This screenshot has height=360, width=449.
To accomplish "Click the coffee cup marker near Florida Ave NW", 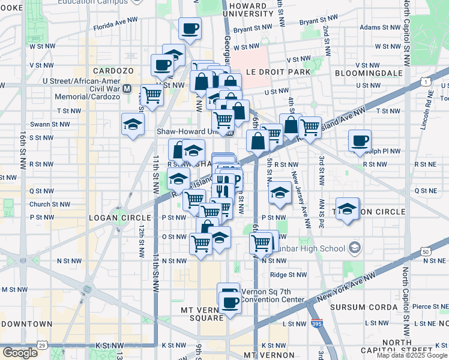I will (x=190, y=29).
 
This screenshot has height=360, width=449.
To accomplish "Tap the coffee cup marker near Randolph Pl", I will (x=360, y=141).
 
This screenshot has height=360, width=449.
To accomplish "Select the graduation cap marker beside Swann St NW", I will (x=133, y=125).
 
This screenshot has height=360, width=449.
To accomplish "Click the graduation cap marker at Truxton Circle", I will (x=347, y=209).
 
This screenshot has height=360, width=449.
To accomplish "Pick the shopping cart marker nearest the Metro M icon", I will (x=152, y=95).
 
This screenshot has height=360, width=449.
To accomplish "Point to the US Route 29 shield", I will (x=41, y=346).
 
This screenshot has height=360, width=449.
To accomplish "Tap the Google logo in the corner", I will (x=20, y=352).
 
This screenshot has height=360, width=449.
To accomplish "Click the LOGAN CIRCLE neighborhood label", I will (x=113, y=217).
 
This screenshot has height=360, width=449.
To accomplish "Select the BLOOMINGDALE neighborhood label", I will (x=374, y=72).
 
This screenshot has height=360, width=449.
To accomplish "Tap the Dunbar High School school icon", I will (x=355, y=248).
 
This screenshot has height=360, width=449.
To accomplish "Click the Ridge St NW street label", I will (x=288, y=275).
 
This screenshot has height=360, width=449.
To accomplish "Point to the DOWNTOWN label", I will (x=27, y=323).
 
